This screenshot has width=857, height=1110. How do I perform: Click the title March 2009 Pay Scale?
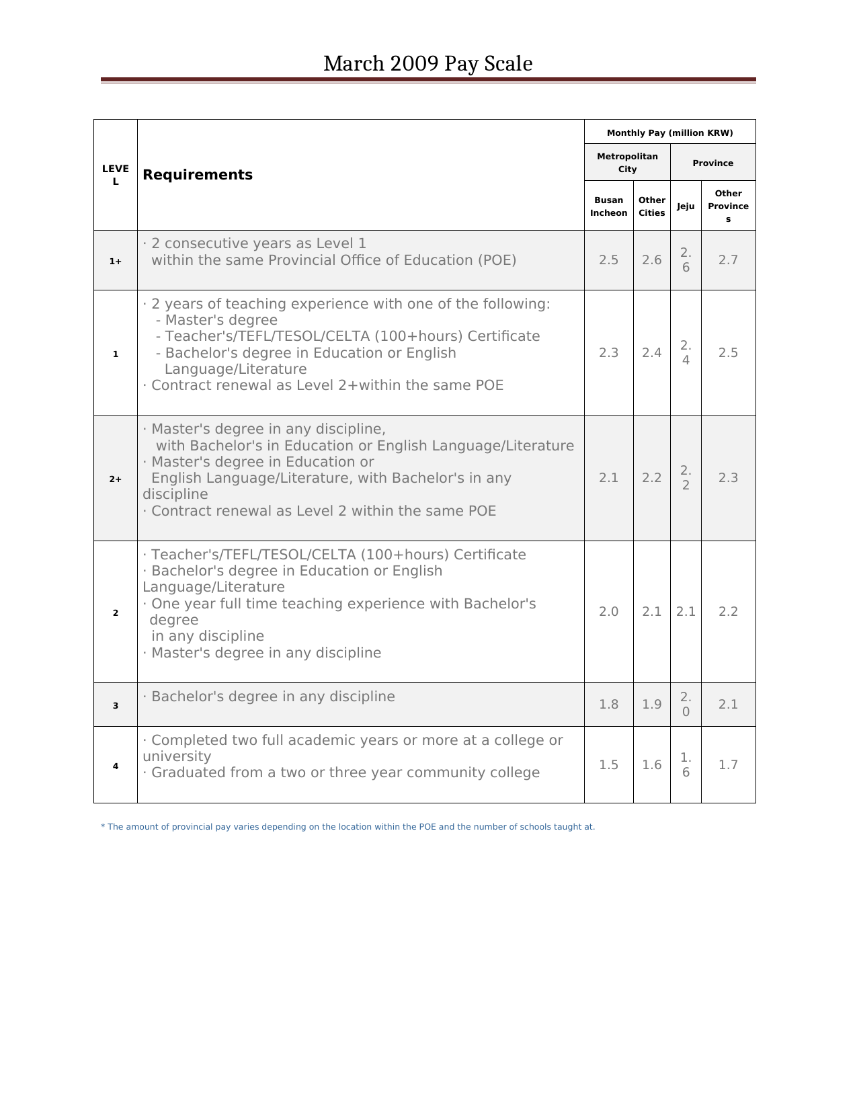[x=427, y=64]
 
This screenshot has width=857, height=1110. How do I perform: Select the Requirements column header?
[x=198, y=175]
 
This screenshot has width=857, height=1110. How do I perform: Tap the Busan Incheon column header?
[x=608, y=206]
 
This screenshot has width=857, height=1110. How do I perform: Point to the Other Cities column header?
[x=651, y=206]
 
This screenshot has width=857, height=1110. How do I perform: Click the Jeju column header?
[x=686, y=206]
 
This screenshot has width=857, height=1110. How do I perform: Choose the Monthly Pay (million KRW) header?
[x=669, y=132]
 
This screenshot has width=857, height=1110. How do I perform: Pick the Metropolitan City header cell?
[x=627, y=163]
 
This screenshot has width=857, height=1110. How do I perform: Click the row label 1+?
[x=116, y=261]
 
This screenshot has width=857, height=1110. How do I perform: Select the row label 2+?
[x=116, y=479]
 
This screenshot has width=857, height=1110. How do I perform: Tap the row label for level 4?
[x=116, y=766]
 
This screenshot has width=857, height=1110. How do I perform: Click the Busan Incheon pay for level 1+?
[x=608, y=260]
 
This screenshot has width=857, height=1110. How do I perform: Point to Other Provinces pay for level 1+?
[x=728, y=260]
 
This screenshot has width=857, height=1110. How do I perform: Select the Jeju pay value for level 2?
[x=686, y=612]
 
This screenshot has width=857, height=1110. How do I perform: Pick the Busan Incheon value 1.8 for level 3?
[x=608, y=705]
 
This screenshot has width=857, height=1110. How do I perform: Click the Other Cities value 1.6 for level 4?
[x=651, y=765]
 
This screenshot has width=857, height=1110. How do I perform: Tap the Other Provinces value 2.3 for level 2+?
[x=728, y=478]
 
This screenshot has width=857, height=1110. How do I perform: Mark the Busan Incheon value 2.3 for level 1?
[x=608, y=353]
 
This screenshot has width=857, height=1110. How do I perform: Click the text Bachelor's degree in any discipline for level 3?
[x=273, y=697]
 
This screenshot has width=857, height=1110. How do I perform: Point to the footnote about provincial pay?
[x=348, y=827]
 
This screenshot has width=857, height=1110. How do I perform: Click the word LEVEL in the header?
[x=116, y=175]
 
